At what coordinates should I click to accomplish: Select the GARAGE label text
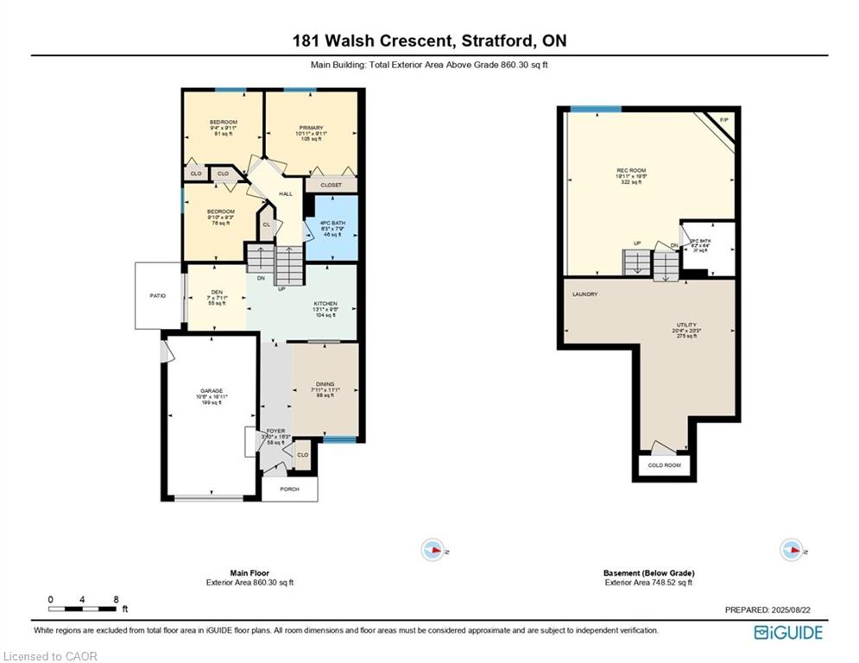[x=212, y=391]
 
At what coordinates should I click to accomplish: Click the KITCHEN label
[x=325, y=304]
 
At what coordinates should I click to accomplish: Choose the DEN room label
[x=217, y=292]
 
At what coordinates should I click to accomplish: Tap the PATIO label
[x=157, y=295]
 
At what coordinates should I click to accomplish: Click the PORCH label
[x=289, y=489]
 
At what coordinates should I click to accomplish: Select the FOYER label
[x=276, y=430]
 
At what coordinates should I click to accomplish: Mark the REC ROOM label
[x=637, y=171]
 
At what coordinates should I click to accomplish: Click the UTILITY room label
[x=686, y=325]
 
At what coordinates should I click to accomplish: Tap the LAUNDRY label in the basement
[x=584, y=294]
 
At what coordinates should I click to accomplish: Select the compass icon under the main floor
[x=432, y=549]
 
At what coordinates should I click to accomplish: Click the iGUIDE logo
[x=787, y=633]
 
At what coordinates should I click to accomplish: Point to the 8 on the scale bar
[x=115, y=598]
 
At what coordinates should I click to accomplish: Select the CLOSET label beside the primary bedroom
[x=331, y=185]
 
